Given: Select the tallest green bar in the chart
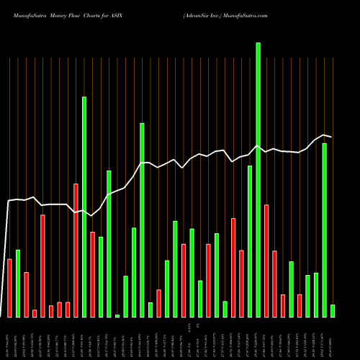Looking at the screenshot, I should [258, 180].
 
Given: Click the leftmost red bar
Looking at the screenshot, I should [9, 287].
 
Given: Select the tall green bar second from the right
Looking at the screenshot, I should [324, 230].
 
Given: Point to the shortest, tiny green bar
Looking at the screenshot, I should [117, 315].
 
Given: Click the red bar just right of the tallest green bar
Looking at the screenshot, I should [266, 261].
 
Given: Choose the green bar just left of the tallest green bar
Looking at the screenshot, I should [250, 241].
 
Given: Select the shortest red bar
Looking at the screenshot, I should [35, 313].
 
